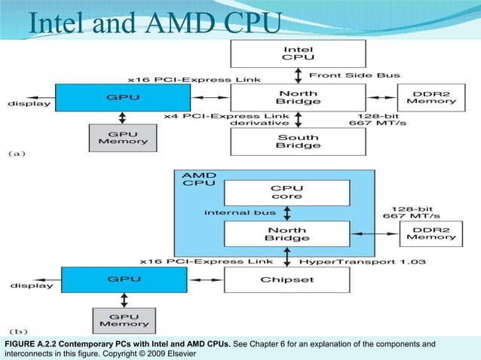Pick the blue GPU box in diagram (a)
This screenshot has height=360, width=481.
(122, 96)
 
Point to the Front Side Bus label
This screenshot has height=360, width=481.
(354, 75)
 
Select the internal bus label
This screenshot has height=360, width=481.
(240, 212)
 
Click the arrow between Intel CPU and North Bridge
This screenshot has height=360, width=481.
(298, 75)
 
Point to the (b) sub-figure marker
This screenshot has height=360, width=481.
(17, 331)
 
